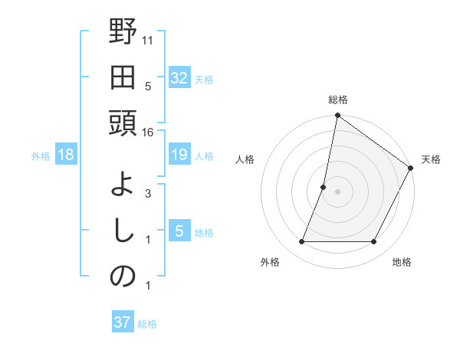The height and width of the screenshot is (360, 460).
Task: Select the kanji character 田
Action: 123,77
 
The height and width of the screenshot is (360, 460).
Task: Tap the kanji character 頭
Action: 123,123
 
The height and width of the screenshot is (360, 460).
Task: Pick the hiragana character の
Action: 123,277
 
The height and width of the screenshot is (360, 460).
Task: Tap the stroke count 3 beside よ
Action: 148,194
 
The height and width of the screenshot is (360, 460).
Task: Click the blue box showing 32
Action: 179,77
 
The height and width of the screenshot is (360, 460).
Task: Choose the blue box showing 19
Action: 179,155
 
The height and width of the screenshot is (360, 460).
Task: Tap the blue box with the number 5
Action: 179,231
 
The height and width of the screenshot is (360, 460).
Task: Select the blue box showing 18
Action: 66,155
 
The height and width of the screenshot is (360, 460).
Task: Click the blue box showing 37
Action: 123,322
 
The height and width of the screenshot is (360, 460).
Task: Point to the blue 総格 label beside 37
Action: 147,324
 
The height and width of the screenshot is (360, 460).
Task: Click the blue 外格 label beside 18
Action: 41,156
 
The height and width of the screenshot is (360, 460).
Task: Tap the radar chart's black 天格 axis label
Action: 431,159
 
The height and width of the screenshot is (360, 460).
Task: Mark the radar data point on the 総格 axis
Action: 337,116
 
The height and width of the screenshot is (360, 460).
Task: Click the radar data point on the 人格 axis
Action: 324,187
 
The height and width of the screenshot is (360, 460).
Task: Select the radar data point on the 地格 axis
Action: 374,242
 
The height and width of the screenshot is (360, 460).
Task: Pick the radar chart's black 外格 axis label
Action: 270,263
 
